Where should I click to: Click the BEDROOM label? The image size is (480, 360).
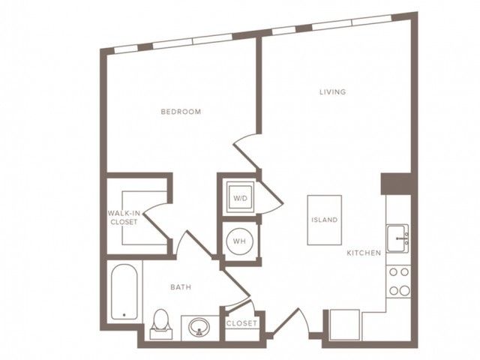[x=181, y=112]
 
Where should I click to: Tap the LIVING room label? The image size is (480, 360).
[x=333, y=91]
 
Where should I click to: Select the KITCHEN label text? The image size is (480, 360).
[x=364, y=253]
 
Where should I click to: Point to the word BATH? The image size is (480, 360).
[x=181, y=287]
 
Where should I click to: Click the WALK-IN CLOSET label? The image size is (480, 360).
[x=123, y=217]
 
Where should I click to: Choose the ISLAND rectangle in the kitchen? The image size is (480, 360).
[x=325, y=220]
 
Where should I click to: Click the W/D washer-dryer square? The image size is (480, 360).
[x=240, y=198]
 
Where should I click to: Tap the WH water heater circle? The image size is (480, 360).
[x=239, y=241]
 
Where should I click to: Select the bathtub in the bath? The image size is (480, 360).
[x=124, y=292]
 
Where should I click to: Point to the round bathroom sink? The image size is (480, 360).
[x=199, y=328]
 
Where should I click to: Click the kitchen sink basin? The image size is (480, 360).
[x=397, y=238]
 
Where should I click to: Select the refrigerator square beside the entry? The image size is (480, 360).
[x=345, y=325]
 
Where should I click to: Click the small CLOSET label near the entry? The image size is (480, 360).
[x=241, y=323]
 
